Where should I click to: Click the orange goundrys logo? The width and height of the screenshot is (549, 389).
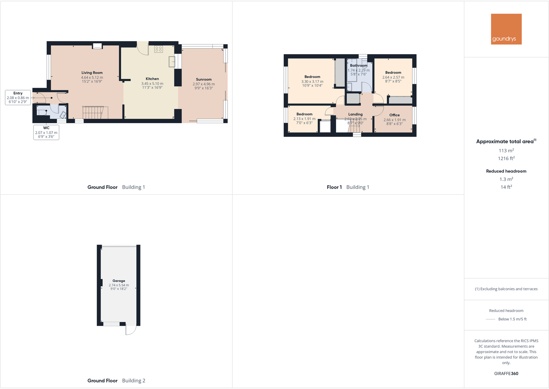(506, 29)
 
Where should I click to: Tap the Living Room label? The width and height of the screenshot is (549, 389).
(92, 73)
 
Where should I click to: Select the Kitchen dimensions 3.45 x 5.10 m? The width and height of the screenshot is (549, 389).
(152, 84)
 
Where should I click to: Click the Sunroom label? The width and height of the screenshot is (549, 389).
(204, 79)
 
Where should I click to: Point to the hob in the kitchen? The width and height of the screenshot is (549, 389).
(158, 49)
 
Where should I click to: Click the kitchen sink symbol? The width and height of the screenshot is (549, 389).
(172, 62)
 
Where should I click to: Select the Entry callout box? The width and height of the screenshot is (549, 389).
(18, 98)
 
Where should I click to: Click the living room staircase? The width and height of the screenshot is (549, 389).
(93, 113)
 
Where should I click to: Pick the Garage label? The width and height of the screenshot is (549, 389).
(119, 281)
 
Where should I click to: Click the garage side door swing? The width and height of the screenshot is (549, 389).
(131, 330)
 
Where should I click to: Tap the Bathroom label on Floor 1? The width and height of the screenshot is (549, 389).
(359, 66)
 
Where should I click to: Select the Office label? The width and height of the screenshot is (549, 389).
(394, 115)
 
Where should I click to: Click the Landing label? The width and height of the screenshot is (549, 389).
(355, 114)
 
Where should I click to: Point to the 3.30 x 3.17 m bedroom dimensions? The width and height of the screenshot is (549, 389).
(312, 82)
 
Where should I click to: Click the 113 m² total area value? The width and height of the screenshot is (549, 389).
(506, 150)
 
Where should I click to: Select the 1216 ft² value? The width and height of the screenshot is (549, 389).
(506, 158)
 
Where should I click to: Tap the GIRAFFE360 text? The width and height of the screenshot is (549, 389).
(506, 373)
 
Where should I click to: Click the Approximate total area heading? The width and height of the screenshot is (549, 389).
(505, 142)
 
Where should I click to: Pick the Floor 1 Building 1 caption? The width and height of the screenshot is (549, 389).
(348, 187)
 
